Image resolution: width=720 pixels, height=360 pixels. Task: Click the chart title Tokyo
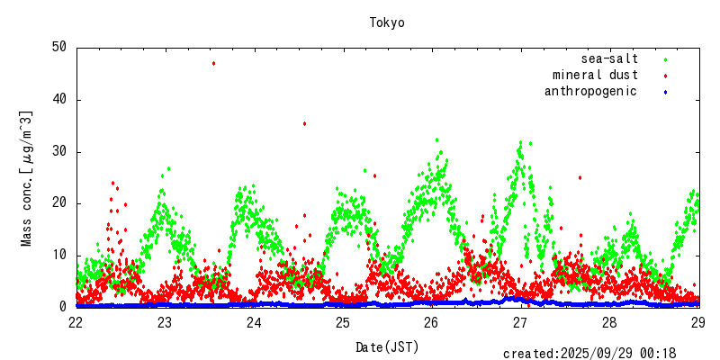(x=387, y=22)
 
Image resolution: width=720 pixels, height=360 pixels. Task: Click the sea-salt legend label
(x=609, y=58)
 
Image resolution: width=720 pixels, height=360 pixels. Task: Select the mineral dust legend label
(x=595, y=75)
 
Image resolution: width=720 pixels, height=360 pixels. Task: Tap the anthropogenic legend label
(x=590, y=91)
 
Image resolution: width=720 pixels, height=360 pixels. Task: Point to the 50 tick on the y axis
(x=58, y=47)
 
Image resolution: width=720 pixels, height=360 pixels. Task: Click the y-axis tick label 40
(x=58, y=99)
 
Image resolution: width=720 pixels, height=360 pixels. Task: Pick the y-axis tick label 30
(x=58, y=151)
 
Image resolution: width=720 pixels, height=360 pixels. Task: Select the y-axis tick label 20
(x=58, y=203)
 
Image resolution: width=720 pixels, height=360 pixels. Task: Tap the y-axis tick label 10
(x=58, y=256)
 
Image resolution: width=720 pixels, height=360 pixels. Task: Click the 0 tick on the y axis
(x=63, y=307)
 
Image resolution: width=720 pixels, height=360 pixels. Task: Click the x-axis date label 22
(x=76, y=322)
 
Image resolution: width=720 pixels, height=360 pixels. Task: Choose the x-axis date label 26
(x=432, y=322)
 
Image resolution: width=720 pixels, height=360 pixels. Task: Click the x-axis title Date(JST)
(x=387, y=346)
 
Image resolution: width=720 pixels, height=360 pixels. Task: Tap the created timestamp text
(x=589, y=353)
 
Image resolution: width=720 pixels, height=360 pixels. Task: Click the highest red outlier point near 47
(x=213, y=63)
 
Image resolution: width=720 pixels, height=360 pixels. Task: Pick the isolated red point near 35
(x=304, y=123)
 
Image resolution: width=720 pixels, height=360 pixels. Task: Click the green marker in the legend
(x=665, y=59)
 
